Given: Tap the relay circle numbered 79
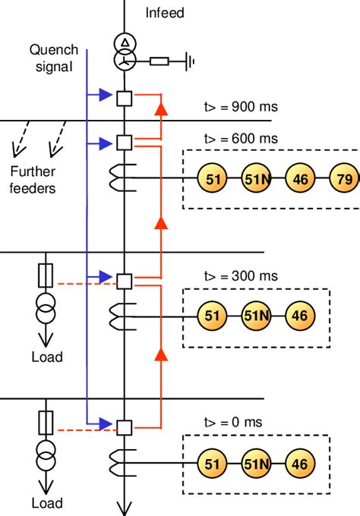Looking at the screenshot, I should click(x=343, y=179).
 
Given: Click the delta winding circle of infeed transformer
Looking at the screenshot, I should click(x=123, y=42).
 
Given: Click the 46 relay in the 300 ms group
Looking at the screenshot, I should click(x=299, y=315).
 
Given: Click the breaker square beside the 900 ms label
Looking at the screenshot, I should click(x=123, y=97).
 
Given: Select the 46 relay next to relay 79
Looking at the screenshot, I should click(x=299, y=179).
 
